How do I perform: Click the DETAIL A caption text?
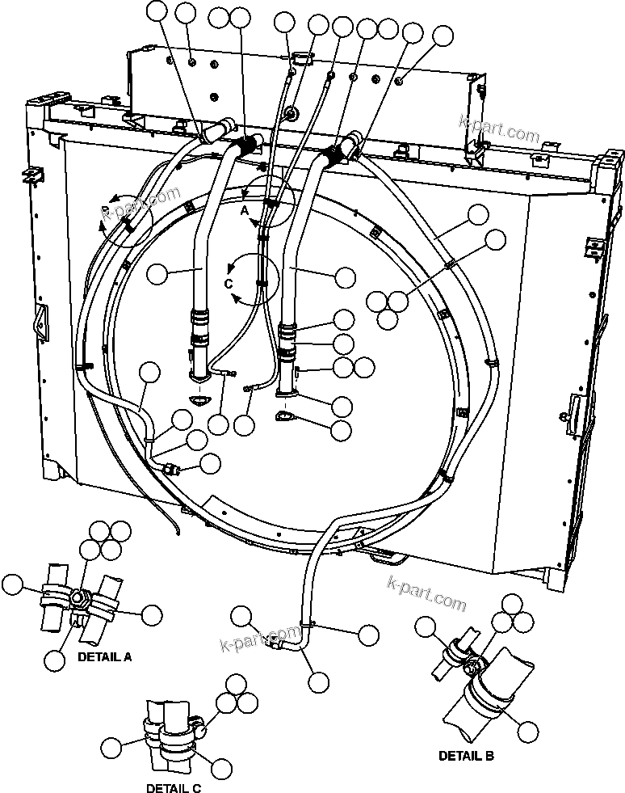click(x=104, y=657)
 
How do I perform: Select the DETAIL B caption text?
click(x=466, y=757)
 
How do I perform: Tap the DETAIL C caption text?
click(x=174, y=787)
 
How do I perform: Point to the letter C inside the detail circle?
click(x=229, y=284)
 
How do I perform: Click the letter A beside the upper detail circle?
click(x=245, y=209)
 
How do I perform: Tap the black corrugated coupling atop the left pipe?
click(x=247, y=149)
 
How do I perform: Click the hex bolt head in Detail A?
click(x=80, y=599)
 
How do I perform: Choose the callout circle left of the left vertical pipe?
click(x=159, y=273)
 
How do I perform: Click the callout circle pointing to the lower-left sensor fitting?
click(x=210, y=463)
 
